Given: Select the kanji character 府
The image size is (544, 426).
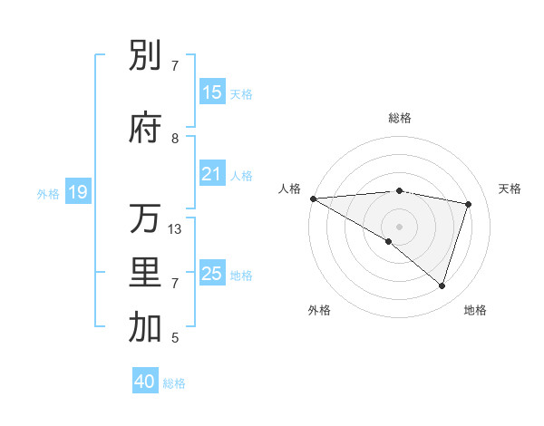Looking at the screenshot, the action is (145, 128).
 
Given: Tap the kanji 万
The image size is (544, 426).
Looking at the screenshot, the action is (145, 218).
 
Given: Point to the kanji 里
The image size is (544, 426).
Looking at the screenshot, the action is (145, 273).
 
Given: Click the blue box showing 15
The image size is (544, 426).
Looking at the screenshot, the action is (211, 92).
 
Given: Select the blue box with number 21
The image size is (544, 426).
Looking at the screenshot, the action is (211, 174).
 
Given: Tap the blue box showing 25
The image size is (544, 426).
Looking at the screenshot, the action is (211, 274).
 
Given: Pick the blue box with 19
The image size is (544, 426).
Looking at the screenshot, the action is (77, 192).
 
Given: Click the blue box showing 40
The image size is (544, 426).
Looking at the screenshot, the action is (145, 382).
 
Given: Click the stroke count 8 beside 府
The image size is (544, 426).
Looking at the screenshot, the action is (175, 139).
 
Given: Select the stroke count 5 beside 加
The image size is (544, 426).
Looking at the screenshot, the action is (175, 338).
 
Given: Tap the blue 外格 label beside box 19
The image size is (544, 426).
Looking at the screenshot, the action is (47, 193).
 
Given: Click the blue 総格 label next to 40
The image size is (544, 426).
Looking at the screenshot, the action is (174, 382).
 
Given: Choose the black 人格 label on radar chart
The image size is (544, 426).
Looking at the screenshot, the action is (290, 188).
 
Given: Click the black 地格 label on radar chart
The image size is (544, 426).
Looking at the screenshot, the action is (475, 310).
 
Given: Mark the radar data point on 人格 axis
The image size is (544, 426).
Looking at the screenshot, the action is (313, 198).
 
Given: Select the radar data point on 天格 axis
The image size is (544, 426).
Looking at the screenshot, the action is (469, 204).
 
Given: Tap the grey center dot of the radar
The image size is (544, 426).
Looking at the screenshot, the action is (399, 225).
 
